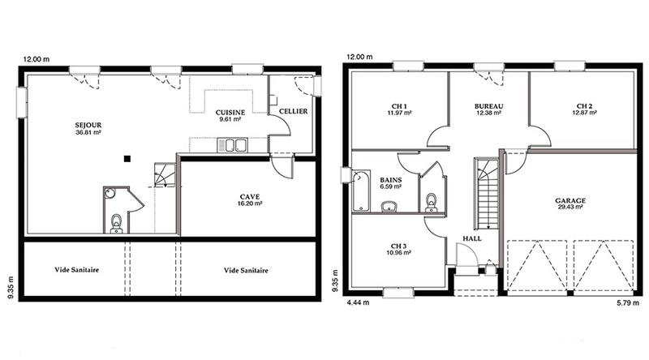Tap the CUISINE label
[231, 112]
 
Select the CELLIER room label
[293, 111]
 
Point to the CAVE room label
[249, 196]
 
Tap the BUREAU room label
[489, 106]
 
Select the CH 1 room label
[398, 106]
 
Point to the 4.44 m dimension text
[359, 302]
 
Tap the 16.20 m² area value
[249, 204]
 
